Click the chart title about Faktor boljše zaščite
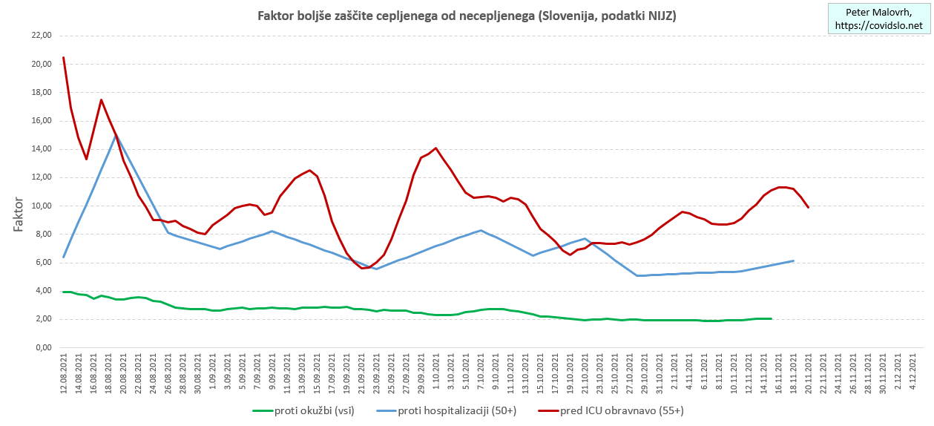467,16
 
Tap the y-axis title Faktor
19,214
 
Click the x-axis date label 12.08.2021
64,375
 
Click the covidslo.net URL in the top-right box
878,26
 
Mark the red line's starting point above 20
64,57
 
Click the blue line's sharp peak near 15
116,135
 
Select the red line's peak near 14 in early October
435,148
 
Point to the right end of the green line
771,318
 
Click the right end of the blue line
793,260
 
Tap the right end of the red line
808,207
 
